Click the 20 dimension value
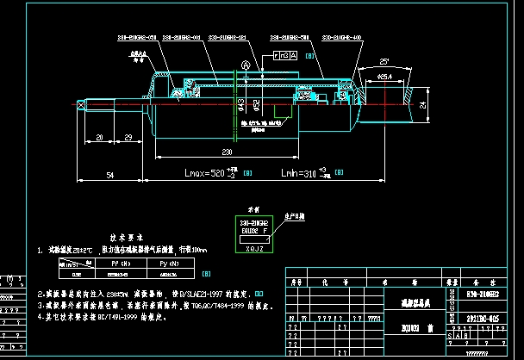click(x=100, y=137)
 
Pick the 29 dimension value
click(x=128, y=137)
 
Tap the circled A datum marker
click(x=246, y=65)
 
